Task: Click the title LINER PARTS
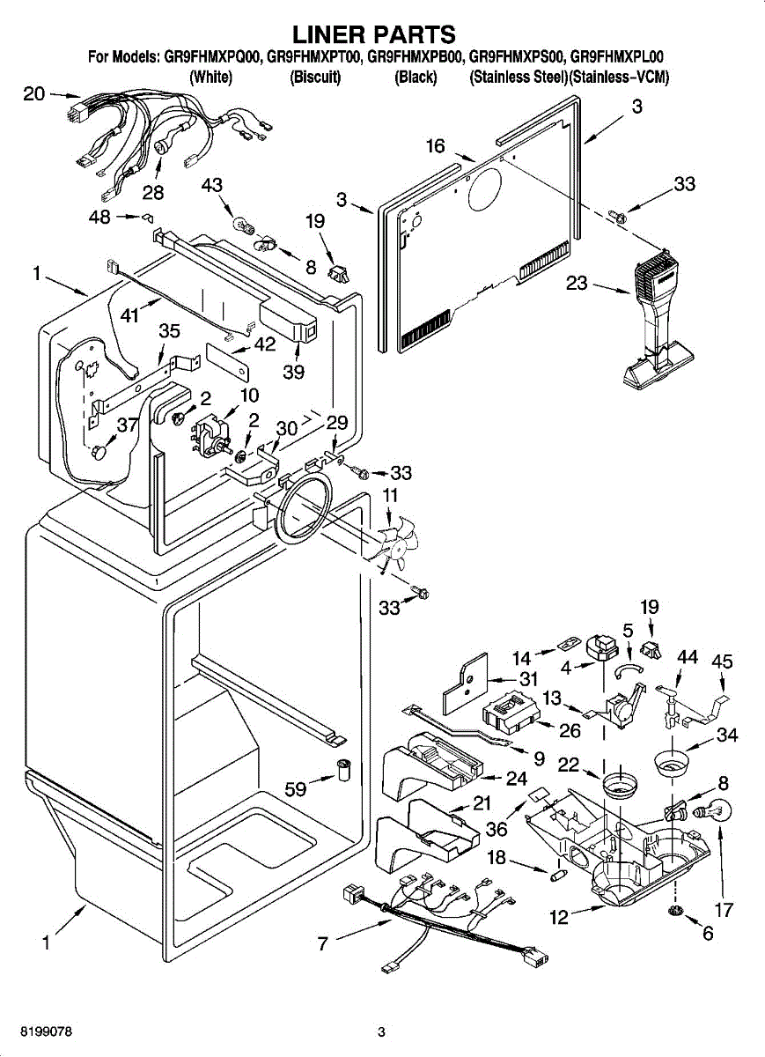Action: [x=374, y=34]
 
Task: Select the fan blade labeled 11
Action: [x=387, y=546]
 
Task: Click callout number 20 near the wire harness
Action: [x=33, y=93]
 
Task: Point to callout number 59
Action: [x=296, y=788]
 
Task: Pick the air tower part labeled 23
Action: [x=656, y=317]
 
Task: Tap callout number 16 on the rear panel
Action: [x=436, y=146]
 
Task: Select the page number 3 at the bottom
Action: [x=381, y=1031]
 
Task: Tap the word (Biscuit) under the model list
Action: [x=315, y=77]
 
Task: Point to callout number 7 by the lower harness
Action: [x=323, y=943]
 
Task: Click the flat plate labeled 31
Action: [x=465, y=684]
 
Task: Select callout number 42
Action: [x=265, y=344]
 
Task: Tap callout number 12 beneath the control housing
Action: [x=559, y=917]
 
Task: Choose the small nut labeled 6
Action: [x=676, y=909]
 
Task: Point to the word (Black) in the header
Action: [x=416, y=77]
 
